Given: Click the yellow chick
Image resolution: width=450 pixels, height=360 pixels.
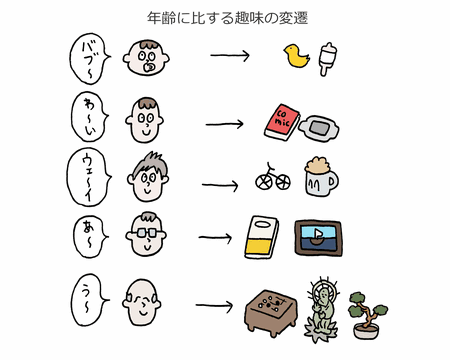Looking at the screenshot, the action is [x=296, y=56].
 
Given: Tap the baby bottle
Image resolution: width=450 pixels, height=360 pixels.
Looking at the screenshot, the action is [x=327, y=59].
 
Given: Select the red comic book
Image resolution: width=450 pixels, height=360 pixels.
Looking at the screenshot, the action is [x=282, y=122].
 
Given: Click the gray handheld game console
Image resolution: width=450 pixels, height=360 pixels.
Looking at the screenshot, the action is [x=319, y=128].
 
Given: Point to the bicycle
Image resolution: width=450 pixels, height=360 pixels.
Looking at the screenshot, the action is [x=273, y=177].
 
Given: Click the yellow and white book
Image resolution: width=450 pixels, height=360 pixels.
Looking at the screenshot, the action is [x=261, y=237].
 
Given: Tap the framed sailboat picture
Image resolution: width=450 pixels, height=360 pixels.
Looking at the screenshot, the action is [x=319, y=238].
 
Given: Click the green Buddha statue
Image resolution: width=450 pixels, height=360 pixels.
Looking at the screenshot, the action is [x=322, y=310].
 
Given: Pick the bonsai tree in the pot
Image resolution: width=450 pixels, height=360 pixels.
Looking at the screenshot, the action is [x=367, y=315].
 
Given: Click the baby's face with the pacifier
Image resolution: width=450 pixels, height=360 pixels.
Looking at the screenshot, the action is [x=146, y=58].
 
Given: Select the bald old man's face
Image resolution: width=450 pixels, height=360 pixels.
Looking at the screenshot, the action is [x=141, y=303].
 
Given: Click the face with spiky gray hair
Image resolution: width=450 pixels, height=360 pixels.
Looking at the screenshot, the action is [x=148, y=177].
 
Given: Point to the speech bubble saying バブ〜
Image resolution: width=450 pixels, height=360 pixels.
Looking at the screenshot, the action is [x=89, y=59].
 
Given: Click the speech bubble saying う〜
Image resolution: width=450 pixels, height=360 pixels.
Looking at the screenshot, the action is [x=89, y=300].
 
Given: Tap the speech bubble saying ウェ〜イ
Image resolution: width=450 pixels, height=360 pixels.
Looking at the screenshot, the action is [x=89, y=177].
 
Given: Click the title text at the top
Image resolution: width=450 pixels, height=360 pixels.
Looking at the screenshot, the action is [x=227, y=18].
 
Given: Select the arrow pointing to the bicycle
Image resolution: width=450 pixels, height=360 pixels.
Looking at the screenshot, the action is [x=220, y=185].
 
